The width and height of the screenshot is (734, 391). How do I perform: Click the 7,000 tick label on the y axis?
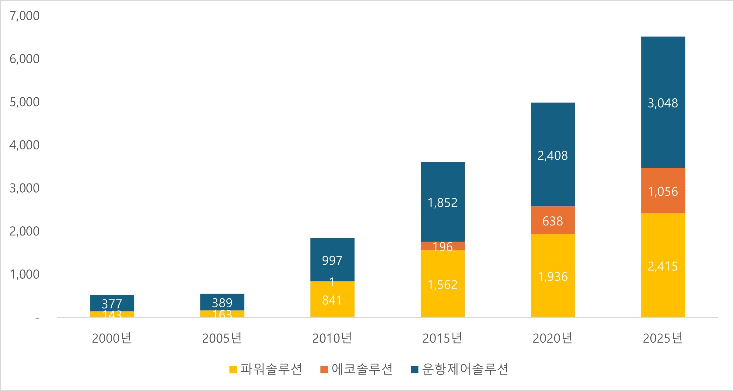click(x=24, y=16)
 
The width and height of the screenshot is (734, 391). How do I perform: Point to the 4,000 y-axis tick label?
click(x=24, y=145)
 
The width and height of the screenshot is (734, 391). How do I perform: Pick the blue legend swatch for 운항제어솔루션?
click(x=415, y=369)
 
